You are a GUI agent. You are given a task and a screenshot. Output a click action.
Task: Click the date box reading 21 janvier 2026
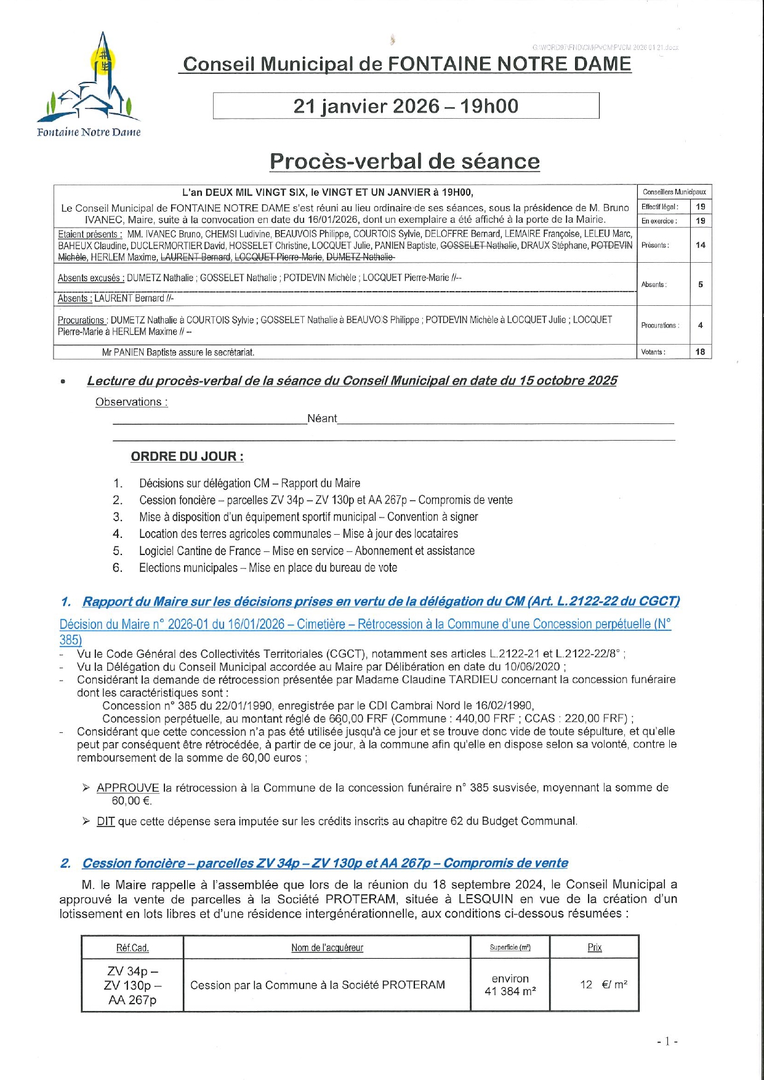click(406, 106)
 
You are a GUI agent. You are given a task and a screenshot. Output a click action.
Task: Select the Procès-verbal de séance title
click(404, 161)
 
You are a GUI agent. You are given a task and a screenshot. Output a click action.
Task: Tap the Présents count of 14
click(701, 245)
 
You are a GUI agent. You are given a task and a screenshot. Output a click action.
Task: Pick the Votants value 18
click(701, 352)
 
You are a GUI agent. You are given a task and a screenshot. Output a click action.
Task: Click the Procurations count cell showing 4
click(701, 325)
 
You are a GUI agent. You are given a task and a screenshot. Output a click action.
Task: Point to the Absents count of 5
click(701, 284)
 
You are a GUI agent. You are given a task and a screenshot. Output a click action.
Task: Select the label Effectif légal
click(659, 207)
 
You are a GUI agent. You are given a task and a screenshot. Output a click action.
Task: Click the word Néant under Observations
click(322, 418)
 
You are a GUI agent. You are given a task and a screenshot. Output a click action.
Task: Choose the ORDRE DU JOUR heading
click(187, 457)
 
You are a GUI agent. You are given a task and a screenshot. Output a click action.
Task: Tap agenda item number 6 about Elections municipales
click(268, 567)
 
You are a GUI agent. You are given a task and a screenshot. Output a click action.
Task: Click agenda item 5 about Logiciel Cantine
click(307, 551)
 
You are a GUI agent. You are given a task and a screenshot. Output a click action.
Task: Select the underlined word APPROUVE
click(128, 788)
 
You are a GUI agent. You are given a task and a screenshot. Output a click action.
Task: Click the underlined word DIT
click(106, 821)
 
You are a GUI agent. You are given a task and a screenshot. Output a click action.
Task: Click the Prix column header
click(595, 947)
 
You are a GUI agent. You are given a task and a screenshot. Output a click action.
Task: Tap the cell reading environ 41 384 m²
click(510, 985)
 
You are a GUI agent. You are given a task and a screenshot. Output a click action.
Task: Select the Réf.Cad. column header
click(132, 948)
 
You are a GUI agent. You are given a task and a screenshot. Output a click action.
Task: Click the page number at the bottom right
click(667, 1041)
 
